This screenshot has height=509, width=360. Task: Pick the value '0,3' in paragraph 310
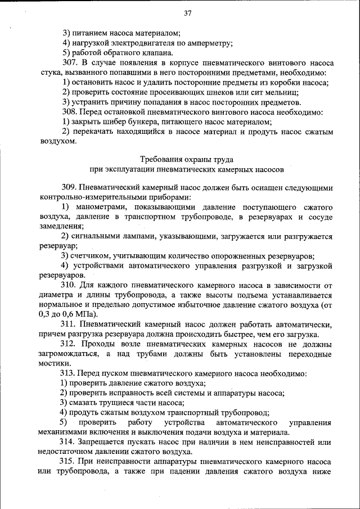(46, 314)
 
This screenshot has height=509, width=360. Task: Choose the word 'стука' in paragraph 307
(51, 73)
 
